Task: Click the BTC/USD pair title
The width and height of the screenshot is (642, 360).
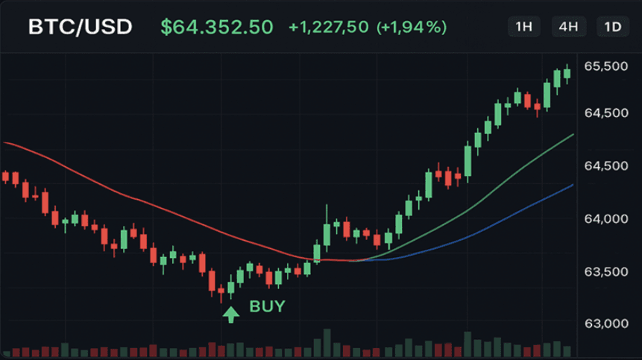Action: (x=81, y=27)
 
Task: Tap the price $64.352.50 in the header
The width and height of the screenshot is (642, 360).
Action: (x=216, y=27)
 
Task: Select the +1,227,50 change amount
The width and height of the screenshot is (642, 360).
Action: (x=328, y=27)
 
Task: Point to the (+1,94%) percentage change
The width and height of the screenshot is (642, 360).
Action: (x=412, y=27)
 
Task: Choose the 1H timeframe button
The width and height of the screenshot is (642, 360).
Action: (x=523, y=27)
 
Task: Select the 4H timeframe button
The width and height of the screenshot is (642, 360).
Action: (x=568, y=27)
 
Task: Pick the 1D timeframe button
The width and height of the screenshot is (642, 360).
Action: (x=612, y=27)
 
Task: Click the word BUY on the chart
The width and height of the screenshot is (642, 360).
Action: (x=267, y=306)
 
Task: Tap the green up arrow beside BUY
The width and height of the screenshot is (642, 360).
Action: (x=231, y=315)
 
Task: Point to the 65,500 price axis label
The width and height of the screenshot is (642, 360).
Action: (x=606, y=66)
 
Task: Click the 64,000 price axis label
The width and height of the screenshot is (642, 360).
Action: (x=606, y=219)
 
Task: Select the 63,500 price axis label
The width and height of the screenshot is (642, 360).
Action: (x=606, y=271)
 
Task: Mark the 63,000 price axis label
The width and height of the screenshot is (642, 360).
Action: (x=606, y=323)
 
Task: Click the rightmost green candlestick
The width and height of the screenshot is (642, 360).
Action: (x=567, y=74)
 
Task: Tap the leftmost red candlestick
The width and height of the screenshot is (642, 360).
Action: (x=5, y=177)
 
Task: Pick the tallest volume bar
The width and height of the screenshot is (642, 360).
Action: (x=327, y=343)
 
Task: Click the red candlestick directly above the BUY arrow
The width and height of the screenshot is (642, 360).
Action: (x=221, y=291)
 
